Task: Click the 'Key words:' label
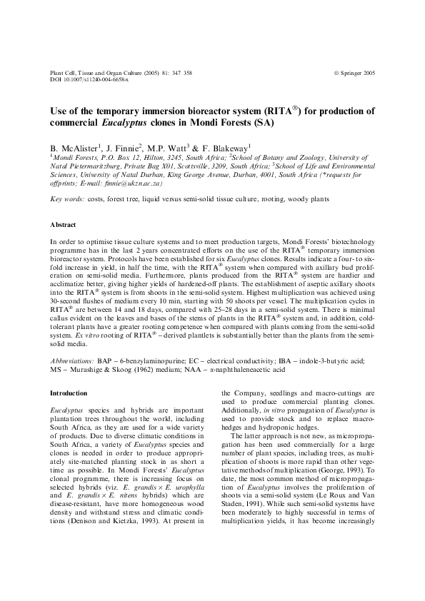(x=67, y=199)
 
